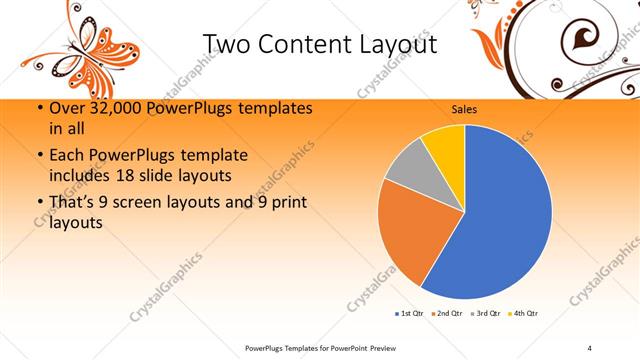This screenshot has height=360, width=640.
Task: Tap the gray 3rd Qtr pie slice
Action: (408, 169)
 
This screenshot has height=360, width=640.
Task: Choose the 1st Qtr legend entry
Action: (408, 314)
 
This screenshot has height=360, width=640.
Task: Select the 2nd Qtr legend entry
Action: (445, 314)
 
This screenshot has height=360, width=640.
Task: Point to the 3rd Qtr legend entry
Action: (484, 314)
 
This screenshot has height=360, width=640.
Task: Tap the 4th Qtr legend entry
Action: (522, 314)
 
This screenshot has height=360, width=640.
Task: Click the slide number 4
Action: (589, 347)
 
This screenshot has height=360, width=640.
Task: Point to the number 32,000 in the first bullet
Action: (110, 108)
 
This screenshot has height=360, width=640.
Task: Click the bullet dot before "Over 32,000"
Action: (38, 109)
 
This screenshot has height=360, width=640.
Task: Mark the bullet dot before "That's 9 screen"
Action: (38, 204)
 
